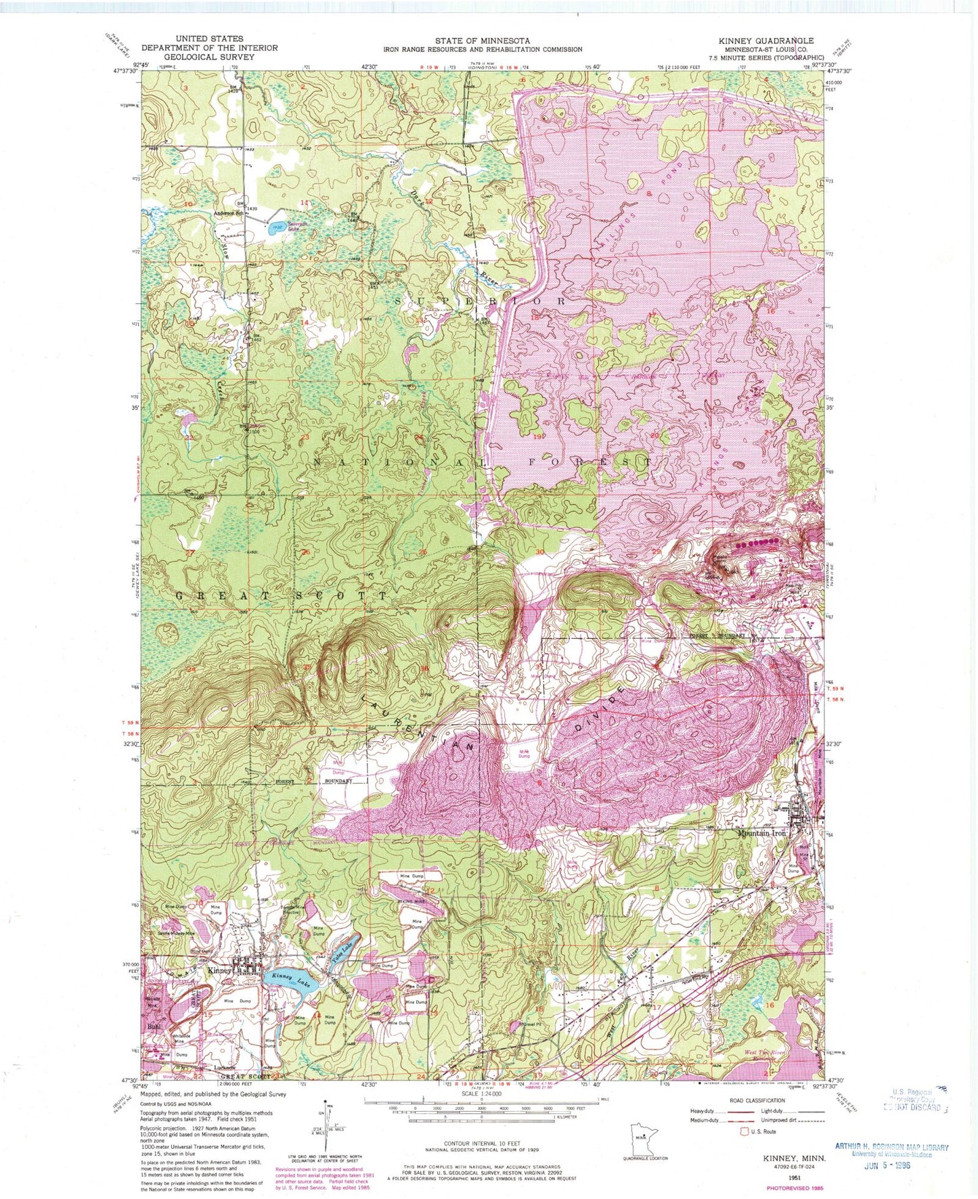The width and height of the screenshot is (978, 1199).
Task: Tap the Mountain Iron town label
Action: point(761,833)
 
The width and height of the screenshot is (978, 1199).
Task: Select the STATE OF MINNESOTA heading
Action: point(482,40)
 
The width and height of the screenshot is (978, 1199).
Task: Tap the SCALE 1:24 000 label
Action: point(482,1093)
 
